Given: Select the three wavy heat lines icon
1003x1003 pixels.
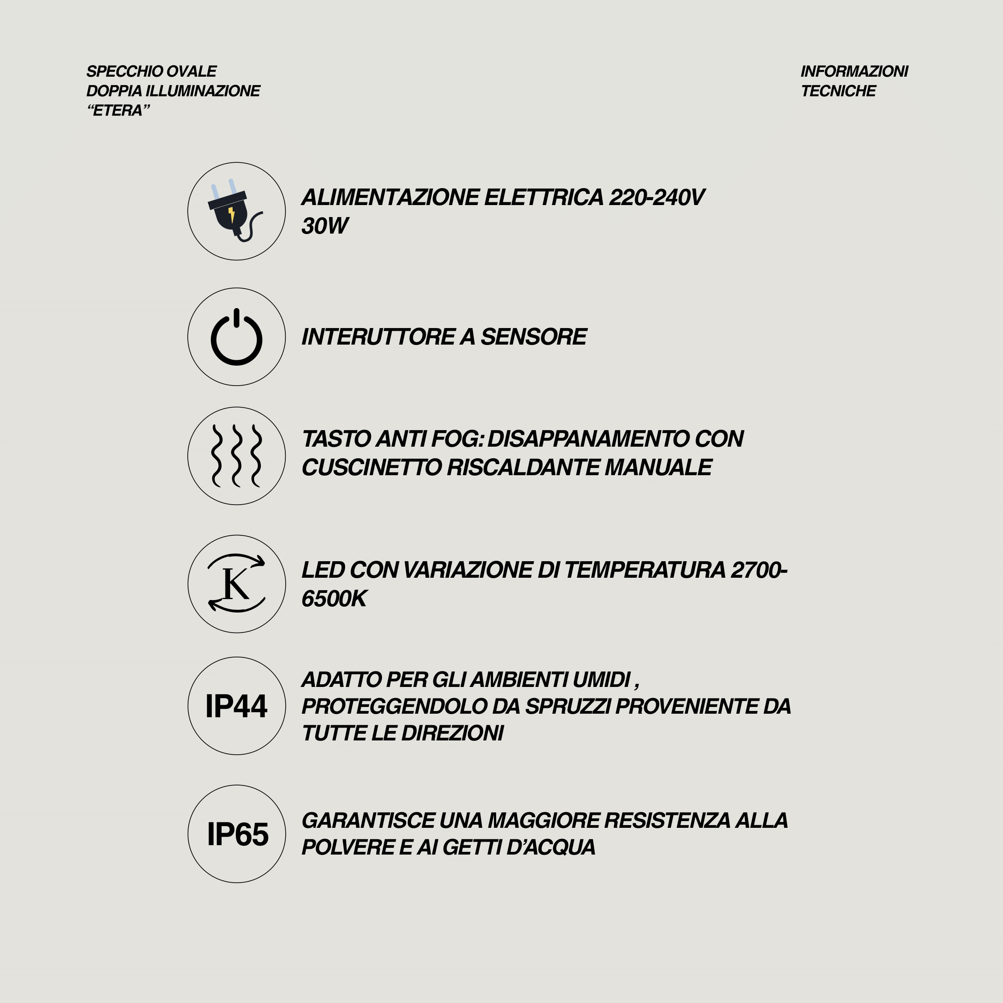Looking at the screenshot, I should [236, 456].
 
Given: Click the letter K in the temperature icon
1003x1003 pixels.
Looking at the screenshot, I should [235, 584].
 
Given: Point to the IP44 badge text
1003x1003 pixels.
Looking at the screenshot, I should [236, 707].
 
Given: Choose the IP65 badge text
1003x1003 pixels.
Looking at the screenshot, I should [238, 834].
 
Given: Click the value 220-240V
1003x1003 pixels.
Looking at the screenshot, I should [656, 198].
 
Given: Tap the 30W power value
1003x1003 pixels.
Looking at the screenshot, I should [325, 226].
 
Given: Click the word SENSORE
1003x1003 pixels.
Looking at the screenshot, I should [534, 337].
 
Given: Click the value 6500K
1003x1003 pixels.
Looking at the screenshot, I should [334, 599].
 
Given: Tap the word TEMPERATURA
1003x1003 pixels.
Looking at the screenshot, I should [645, 571].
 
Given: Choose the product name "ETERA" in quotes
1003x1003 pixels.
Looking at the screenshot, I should [119, 111].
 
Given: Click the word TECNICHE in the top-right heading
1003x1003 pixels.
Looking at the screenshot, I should [838, 91].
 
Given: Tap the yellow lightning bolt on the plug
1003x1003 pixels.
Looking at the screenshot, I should [231, 214].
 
